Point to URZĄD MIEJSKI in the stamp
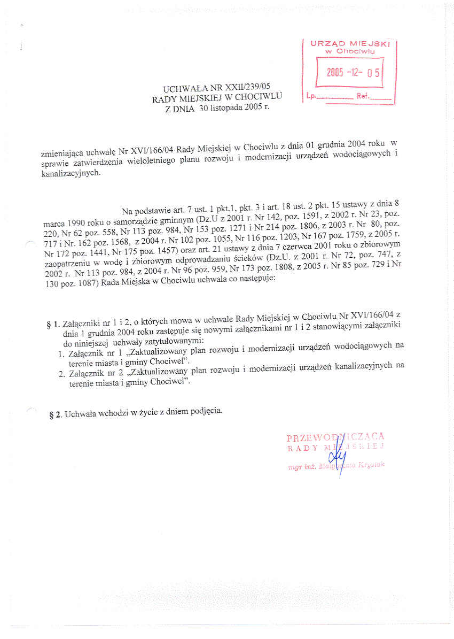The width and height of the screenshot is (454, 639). click(x=350, y=44)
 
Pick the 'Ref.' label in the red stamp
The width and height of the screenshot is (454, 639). click(x=362, y=97)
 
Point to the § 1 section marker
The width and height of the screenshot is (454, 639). click(x=52, y=325)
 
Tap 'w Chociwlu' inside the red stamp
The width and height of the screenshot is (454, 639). click(x=350, y=51)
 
